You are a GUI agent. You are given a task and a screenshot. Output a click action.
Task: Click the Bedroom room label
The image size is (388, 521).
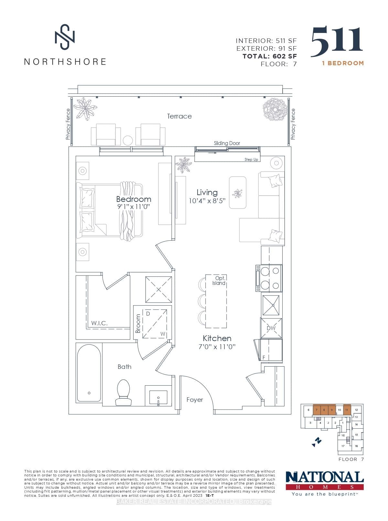(134, 199)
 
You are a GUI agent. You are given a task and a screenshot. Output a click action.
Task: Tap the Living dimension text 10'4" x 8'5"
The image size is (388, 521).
(207, 201)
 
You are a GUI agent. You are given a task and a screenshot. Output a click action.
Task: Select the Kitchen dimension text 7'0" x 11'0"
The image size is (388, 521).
(217, 347)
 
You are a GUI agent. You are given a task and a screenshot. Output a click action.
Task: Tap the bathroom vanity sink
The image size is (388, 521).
(158, 396)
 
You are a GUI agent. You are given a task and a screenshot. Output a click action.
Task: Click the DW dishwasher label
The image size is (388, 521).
(271, 328)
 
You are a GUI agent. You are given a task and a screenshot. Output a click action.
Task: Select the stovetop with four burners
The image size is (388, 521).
(269, 278)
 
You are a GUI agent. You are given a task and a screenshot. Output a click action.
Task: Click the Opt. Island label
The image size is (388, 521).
(219, 281)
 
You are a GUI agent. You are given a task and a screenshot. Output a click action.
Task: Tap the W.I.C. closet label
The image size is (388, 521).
(99, 323)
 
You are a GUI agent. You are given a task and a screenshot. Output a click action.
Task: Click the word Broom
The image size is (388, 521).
(138, 323)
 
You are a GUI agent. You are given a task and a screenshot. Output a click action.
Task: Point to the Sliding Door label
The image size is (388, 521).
(227, 143)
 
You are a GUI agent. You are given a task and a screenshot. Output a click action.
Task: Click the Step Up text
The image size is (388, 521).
(251, 160)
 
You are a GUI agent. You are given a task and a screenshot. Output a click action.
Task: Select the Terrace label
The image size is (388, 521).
(179, 116)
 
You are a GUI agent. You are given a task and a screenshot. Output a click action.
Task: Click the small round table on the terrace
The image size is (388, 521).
(128, 141)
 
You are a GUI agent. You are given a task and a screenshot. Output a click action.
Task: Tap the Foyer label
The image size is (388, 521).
(195, 400)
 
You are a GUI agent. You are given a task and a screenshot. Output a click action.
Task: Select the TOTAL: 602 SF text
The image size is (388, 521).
(270, 56)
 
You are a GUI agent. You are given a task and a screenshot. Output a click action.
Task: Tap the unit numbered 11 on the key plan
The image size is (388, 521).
(347, 410)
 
